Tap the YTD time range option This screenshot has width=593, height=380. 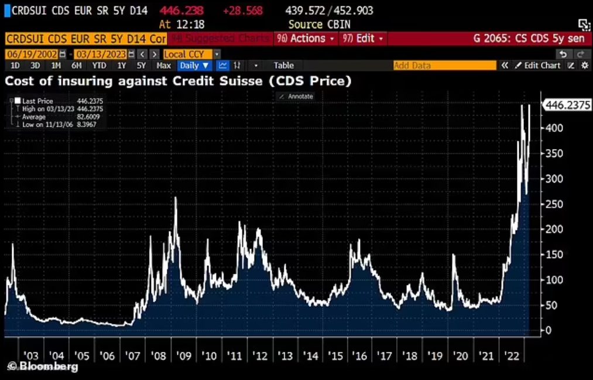pyautogui.click(x=100, y=66)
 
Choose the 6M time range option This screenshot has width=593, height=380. pyautogui.click(x=77, y=66)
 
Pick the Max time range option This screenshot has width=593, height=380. pyautogui.click(x=164, y=66)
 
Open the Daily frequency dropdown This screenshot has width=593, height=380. pyautogui.click(x=195, y=66)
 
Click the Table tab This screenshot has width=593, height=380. pyautogui.click(x=284, y=66)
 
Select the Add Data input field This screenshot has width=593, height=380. pyautogui.click(x=444, y=66)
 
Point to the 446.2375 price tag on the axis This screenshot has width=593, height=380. pyautogui.click(x=568, y=106)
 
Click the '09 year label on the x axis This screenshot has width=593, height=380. pyautogui.click(x=184, y=356)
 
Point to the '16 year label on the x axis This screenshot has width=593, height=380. pyautogui.click(x=359, y=356)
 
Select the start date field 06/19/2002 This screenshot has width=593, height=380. pyautogui.click(x=30, y=54)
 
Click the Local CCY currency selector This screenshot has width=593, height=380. pyautogui.click(x=188, y=54)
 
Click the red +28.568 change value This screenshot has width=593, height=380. pyautogui.click(x=242, y=11)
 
